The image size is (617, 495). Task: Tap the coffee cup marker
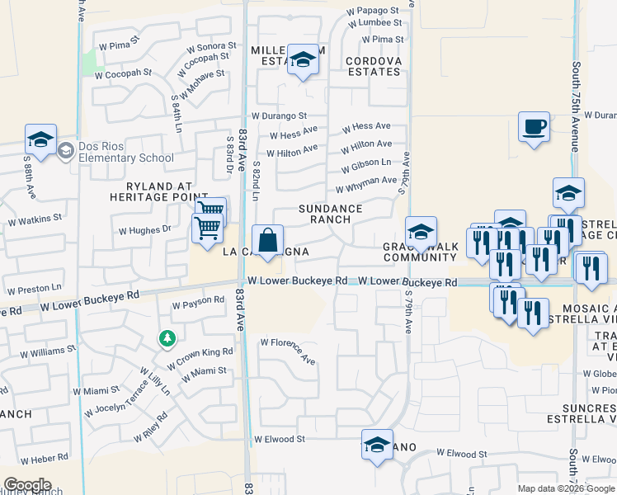pos(534,128)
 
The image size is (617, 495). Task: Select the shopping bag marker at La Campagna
pos(268,241)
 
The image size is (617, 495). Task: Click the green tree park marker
pos(167,338)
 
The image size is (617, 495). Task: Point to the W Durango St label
pos(279,116)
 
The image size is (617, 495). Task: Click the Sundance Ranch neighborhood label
pos(330,214)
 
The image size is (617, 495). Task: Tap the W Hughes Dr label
pos(144,230)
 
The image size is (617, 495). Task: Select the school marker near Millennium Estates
pos(303,60)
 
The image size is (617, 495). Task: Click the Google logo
pos(27,485)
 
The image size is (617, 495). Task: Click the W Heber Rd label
pos(45,458)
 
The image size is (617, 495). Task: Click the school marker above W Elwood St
pos(377,445)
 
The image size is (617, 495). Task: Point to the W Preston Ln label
pos(34,289)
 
